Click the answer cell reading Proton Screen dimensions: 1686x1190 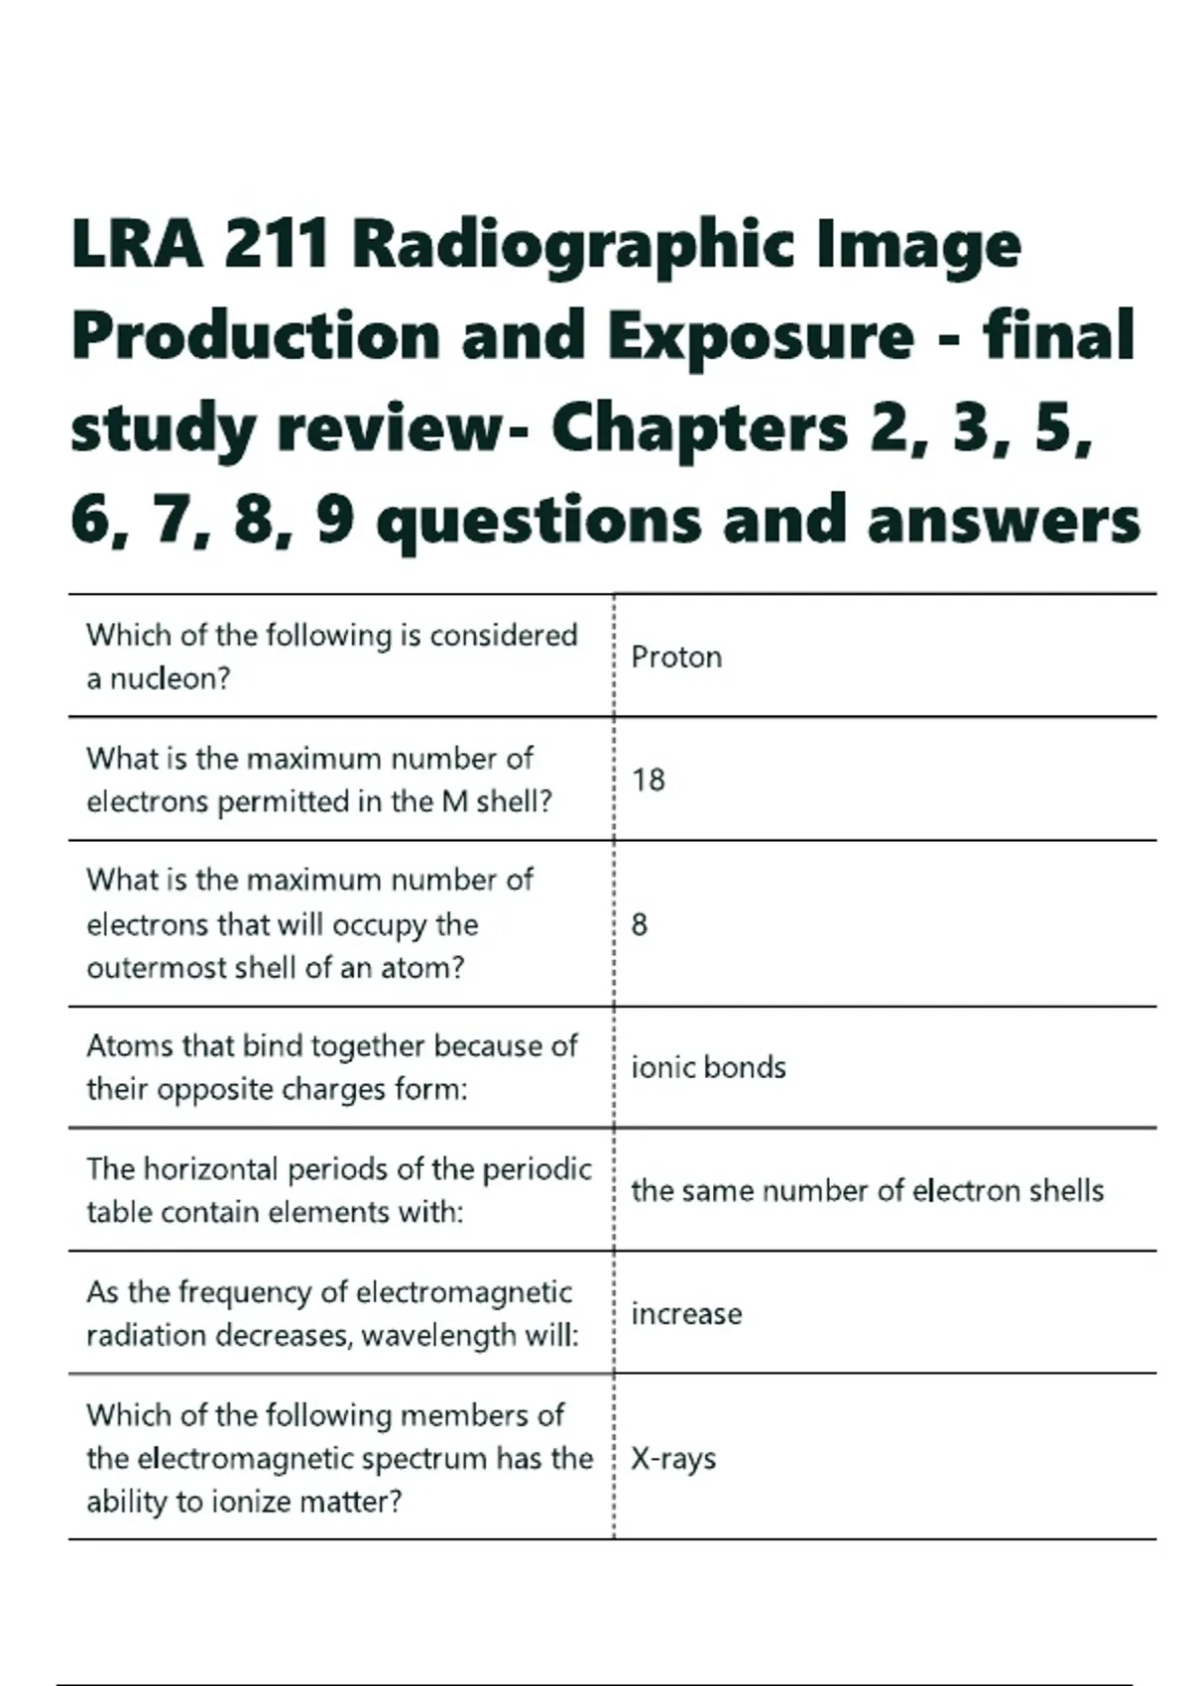pos(676,657)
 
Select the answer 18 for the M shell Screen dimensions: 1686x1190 pos(649,780)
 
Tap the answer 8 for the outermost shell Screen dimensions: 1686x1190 pos(640,924)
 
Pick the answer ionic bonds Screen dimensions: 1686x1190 pos(708,1067)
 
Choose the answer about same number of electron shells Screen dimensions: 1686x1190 pos(867,1190)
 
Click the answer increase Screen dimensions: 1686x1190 pos(686,1313)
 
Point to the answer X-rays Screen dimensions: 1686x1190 pos(673,1458)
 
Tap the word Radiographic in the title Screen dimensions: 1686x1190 pos(573,244)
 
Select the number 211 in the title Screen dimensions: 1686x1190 pos(277,244)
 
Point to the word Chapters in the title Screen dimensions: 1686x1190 pos(699,428)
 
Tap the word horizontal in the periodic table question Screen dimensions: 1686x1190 pos(211,1169)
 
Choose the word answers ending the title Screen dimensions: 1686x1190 pos(1004,522)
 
